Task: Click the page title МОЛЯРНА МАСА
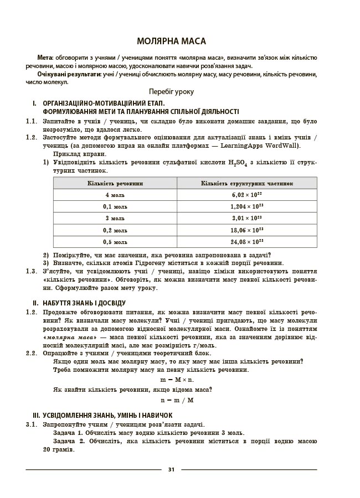(x=171, y=41)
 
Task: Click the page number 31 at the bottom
(x=171, y=469)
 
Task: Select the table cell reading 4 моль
(x=115, y=195)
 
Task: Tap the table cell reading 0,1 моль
(x=115, y=206)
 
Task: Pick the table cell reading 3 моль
(x=115, y=218)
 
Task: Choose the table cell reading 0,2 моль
(x=115, y=230)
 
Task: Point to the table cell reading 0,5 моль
(x=115, y=242)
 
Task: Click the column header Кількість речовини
(x=115, y=183)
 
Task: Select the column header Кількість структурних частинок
(x=247, y=183)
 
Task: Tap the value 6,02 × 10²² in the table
(x=247, y=195)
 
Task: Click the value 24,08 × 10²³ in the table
(x=247, y=242)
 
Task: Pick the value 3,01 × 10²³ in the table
(x=247, y=218)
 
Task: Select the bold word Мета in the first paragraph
(x=45, y=58)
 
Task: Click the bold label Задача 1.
(x=69, y=433)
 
